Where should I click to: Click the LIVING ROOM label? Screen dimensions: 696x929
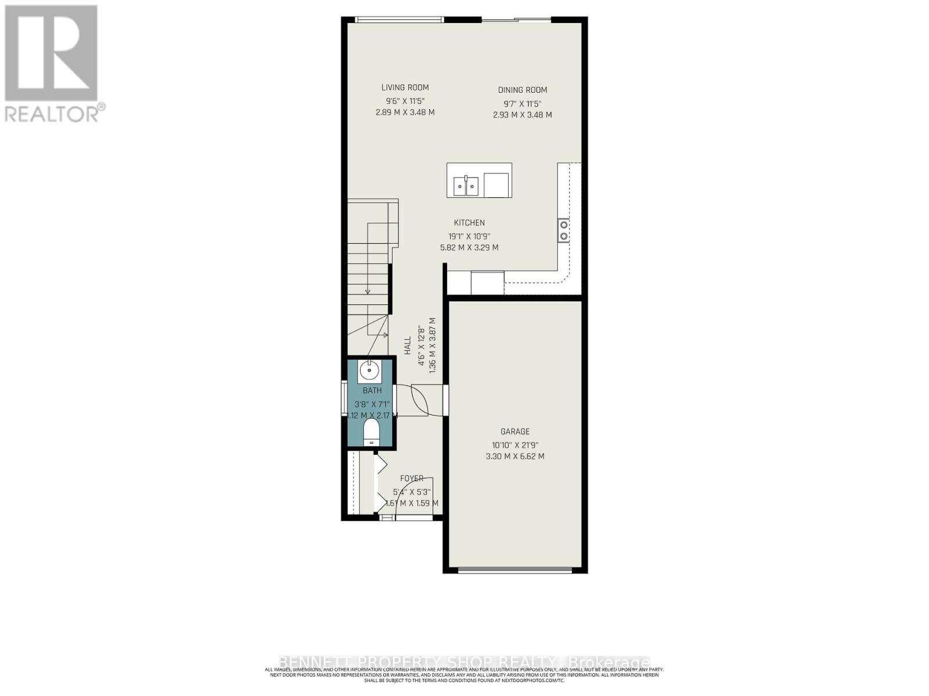405,88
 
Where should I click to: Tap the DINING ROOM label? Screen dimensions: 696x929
522,90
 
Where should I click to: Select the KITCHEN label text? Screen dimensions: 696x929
469,223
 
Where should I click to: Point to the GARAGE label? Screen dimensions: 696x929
515,432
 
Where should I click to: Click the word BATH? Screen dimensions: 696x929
372,390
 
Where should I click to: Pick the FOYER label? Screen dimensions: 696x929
412,478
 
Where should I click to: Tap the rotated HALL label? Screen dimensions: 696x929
408,346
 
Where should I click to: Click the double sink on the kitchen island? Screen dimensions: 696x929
466,186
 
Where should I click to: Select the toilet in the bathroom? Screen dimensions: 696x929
371,432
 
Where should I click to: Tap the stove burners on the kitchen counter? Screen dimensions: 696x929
563,230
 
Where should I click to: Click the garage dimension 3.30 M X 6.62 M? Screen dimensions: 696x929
515,456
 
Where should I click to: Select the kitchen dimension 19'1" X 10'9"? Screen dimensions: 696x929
469,237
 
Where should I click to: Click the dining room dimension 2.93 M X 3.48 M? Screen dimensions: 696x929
522,115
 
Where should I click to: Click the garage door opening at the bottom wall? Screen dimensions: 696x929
515,569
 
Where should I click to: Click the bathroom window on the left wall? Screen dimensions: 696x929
344,397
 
